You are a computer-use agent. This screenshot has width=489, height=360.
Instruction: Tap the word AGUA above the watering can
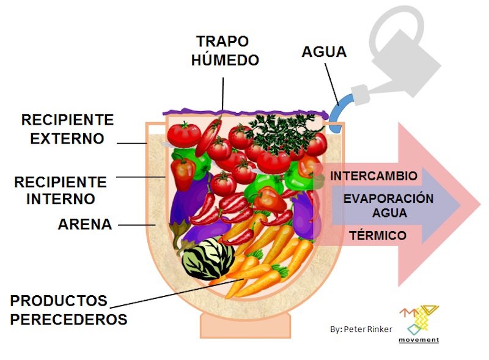pos(324,51)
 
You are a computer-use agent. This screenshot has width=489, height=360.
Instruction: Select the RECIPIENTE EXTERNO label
pos(67,128)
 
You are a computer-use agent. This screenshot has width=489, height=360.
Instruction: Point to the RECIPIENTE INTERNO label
pos(61,190)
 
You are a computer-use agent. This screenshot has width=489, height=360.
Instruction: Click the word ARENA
pos(85,224)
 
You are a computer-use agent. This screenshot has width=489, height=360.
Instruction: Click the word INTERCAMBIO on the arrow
pos(374,176)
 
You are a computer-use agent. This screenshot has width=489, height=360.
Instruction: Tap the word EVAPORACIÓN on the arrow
pos(388,199)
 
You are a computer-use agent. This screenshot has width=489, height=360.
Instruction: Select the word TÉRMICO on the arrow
pos(377,235)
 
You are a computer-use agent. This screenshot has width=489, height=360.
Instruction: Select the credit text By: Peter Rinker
pos(361,329)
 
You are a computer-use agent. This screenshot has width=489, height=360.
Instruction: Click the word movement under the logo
pos(418,339)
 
